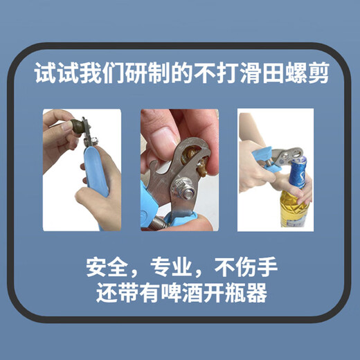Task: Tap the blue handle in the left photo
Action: coord(98,179)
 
